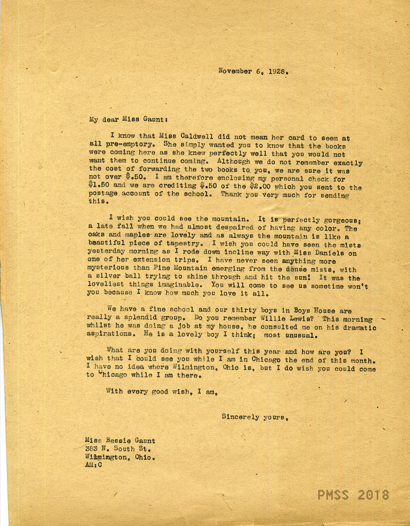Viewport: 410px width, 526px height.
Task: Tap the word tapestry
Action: (182, 245)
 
